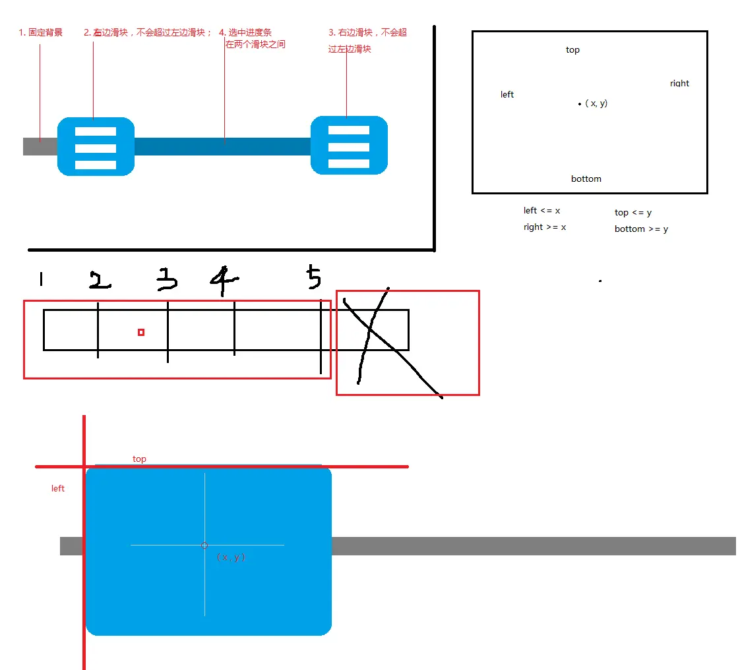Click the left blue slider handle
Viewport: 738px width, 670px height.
pyautogui.click(x=96, y=147)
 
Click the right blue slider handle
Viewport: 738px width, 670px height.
pyautogui.click(x=350, y=146)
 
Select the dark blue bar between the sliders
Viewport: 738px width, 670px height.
pyautogui.click(x=223, y=147)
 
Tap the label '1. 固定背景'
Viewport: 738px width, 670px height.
pyautogui.click(x=40, y=32)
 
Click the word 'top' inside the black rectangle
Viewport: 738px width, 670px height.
pyautogui.click(x=573, y=50)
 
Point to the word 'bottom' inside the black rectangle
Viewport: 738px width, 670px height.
pyautogui.click(x=586, y=179)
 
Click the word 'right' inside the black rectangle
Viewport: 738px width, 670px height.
pyautogui.click(x=680, y=83)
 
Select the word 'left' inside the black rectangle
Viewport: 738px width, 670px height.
pyautogui.click(x=507, y=94)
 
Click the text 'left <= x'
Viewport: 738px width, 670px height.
pyautogui.click(x=541, y=211)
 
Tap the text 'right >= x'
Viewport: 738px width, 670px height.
pyautogui.click(x=545, y=227)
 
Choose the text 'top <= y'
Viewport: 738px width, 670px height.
pyautogui.click(x=633, y=213)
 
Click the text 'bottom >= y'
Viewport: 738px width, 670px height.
pyautogui.click(x=642, y=229)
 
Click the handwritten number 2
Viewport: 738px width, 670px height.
pyautogui.click(x=100, y=280)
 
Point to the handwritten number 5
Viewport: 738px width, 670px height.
pyautogui.click(x=314, y=276)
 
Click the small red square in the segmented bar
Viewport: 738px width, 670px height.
pyautogui.click(x=141, y=333)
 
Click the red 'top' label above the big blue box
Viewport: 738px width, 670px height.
pyautogui.click(x=139, y=459)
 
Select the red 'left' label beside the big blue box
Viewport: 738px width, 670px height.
pyautogui.click(x=58, y=489)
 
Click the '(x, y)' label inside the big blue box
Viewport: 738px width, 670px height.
pyautogui.click(x=231, y=557)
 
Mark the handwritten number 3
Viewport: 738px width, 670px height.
pyautogui.click(x=167, y=279)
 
